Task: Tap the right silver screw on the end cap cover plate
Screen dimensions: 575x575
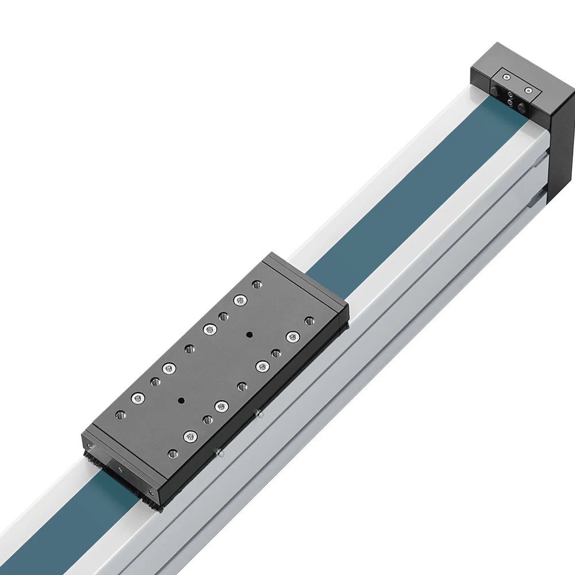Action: (x=528, y=90)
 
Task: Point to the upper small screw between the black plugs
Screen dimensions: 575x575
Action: (x=509, y=95)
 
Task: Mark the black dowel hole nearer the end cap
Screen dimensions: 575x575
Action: (x=249, y=334)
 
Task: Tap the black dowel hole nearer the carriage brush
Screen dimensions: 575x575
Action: (x=181, y=400)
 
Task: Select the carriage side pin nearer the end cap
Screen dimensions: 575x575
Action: (x=260, y=413)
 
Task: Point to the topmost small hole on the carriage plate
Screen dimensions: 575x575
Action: (x=256, y=283)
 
